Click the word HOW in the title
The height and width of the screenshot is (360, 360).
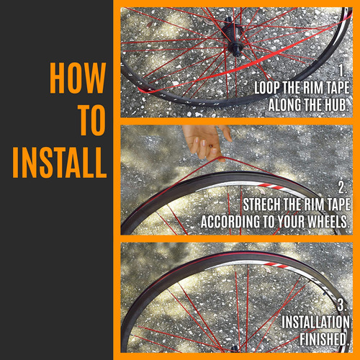78,78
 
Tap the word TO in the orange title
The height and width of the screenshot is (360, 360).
93,120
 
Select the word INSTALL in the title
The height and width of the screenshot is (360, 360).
60,163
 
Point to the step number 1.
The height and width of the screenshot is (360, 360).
342,71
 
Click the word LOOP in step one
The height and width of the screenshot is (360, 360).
267,88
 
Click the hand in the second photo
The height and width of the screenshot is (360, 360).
207,142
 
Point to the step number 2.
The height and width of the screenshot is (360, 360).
342,187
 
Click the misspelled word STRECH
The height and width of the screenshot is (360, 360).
262,204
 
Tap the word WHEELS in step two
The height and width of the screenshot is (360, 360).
328,222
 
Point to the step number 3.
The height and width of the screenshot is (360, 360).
342,305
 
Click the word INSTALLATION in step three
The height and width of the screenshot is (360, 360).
315,322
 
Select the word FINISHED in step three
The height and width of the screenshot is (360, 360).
324,339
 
